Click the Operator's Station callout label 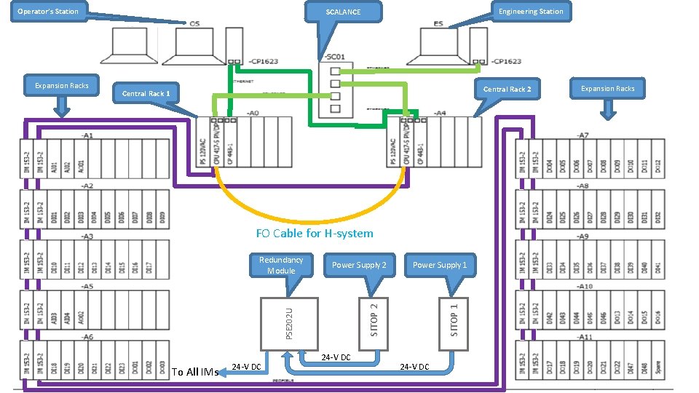(x=47, y=11)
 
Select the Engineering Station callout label (x=530, y=11)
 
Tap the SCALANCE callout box (x=343, y=12)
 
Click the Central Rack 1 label (x=146, y=93)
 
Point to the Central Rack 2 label (x=508, y=89)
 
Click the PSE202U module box (x=290, y=323)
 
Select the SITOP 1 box (x=454, y=320)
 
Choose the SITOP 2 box (x=374, y=320)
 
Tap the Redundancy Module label (x=281, y=265)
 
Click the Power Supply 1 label (x=440, y=265)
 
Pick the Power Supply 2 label (x=359, y=265)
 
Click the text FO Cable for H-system (x=315, y=234)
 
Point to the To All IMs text (x=195, y=372)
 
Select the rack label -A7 (x=582, y=136)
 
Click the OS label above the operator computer (x=194, y=24)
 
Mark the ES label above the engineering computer (x=438, y=24)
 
